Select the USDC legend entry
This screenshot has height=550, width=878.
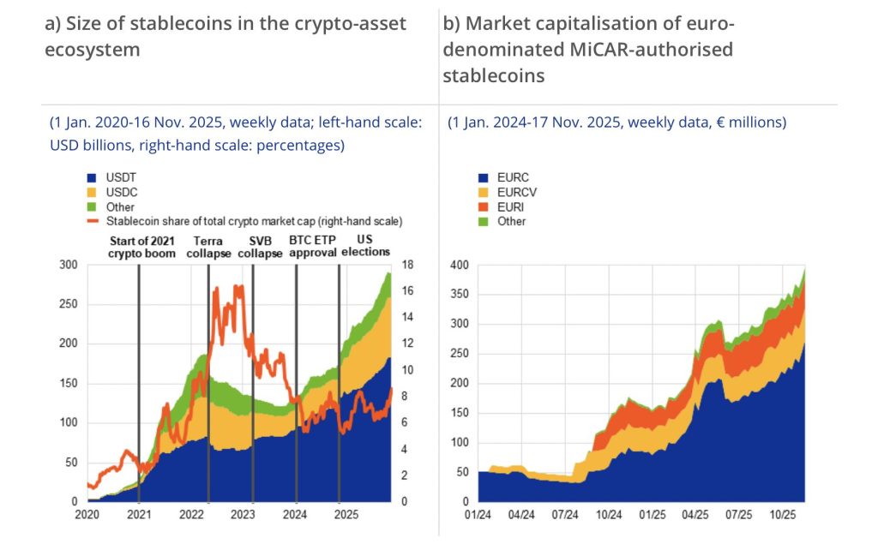[120, 192]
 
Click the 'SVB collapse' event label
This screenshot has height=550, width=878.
[260, 247]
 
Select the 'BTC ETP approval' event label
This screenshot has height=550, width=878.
[313, 247]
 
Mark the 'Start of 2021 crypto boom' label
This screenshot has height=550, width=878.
[141, 247]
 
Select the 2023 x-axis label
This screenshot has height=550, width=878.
[244, 516]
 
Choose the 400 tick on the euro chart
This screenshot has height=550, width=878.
[460, 265]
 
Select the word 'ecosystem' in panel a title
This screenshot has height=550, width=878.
[92, 49]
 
